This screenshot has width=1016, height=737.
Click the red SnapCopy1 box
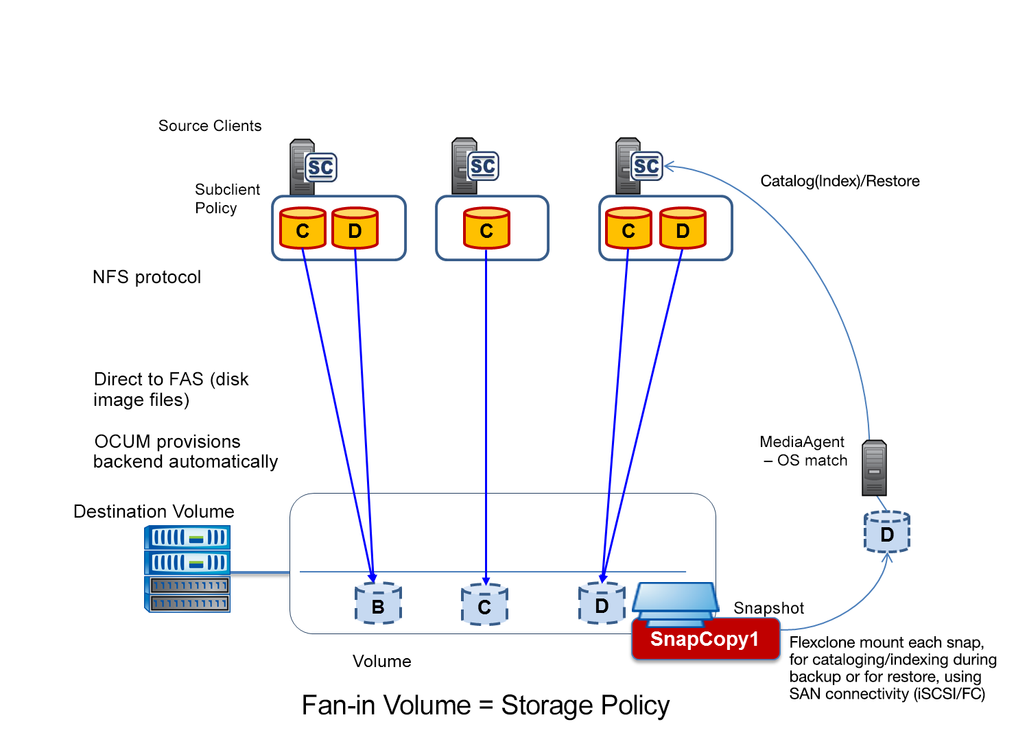click(x=705, y=639)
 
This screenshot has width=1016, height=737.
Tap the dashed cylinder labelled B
click(x=378, y=604)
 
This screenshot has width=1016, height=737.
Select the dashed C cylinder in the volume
click(x=484, y=605)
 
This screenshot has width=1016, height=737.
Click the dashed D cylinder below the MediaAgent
click(x=886, y=533)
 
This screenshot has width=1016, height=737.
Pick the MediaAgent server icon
click(x=874, y=468)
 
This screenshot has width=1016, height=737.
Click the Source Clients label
click(x=210, y=126)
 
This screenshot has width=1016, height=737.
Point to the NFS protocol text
click(x=147, y=277)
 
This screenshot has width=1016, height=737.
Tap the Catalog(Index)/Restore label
click(x=840, y=181)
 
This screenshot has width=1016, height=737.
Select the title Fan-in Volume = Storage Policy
click(x=485, y=705)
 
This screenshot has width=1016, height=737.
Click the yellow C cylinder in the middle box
click(x=486, y=228)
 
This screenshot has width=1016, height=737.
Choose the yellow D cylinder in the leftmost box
click(x=355, y=228)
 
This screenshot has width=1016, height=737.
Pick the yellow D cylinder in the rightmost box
click(x=683, y=228)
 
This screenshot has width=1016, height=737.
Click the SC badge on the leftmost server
click(x=320, y=167)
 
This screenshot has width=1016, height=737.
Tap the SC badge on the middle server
click(x=483, y=166)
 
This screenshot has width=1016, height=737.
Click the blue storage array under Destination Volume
click(x=187, y=568)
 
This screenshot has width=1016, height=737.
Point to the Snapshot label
click(x=768, y=608)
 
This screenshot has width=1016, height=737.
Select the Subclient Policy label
click(x=227, y=199)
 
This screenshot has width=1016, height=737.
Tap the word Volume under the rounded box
click(x=381, y=662)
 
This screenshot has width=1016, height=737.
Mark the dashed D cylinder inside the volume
click(x=602, y=603)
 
